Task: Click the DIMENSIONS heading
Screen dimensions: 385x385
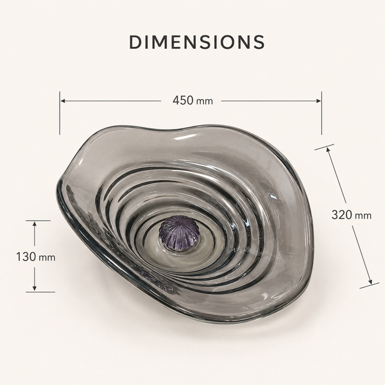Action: (197, 42)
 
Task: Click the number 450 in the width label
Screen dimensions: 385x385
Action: (183, 101)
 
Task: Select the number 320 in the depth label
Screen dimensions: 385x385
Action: (342, 215)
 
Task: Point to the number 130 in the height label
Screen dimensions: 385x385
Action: (26, 257)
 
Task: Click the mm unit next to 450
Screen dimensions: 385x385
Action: (204, 101)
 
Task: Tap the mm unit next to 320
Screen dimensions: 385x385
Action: (363, 216)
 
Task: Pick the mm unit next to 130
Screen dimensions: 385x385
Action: (47, 258)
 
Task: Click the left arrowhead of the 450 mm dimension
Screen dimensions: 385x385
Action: (63, 101)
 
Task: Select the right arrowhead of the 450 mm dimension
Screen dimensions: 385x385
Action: (318, 101)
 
